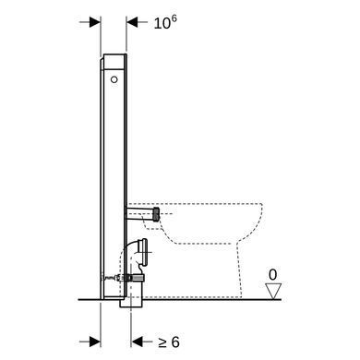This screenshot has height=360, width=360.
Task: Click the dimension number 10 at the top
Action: (162, 24)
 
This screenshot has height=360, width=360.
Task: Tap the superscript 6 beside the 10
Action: (174, 19)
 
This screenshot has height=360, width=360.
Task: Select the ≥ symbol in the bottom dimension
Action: (162, 342)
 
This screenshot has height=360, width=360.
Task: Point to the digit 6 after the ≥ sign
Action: (175, 342)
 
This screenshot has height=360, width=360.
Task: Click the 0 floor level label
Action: (272, 275)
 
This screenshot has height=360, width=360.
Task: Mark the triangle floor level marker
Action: (273, 291)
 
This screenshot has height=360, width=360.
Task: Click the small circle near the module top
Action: (114, 79)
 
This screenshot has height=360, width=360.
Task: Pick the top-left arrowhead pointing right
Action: (95, 22)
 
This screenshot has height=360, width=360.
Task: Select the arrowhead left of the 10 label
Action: (132, 22)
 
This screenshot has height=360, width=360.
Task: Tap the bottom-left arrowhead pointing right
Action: (95, 342)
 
